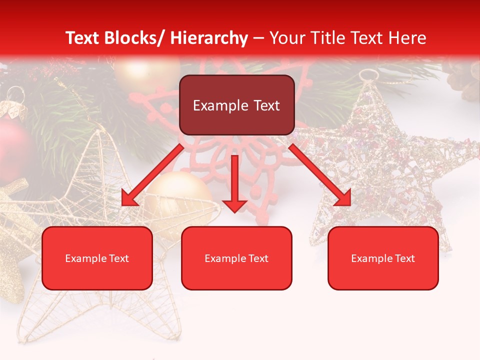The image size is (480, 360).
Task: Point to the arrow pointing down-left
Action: [x=152, y=175]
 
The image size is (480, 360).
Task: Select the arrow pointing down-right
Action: [x=320, y=175]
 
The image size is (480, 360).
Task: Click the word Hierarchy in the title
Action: [x=209, y=38]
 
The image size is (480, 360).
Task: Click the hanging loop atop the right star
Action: [x=369, y=75]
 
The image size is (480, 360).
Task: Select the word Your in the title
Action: [x=285, y=38]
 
